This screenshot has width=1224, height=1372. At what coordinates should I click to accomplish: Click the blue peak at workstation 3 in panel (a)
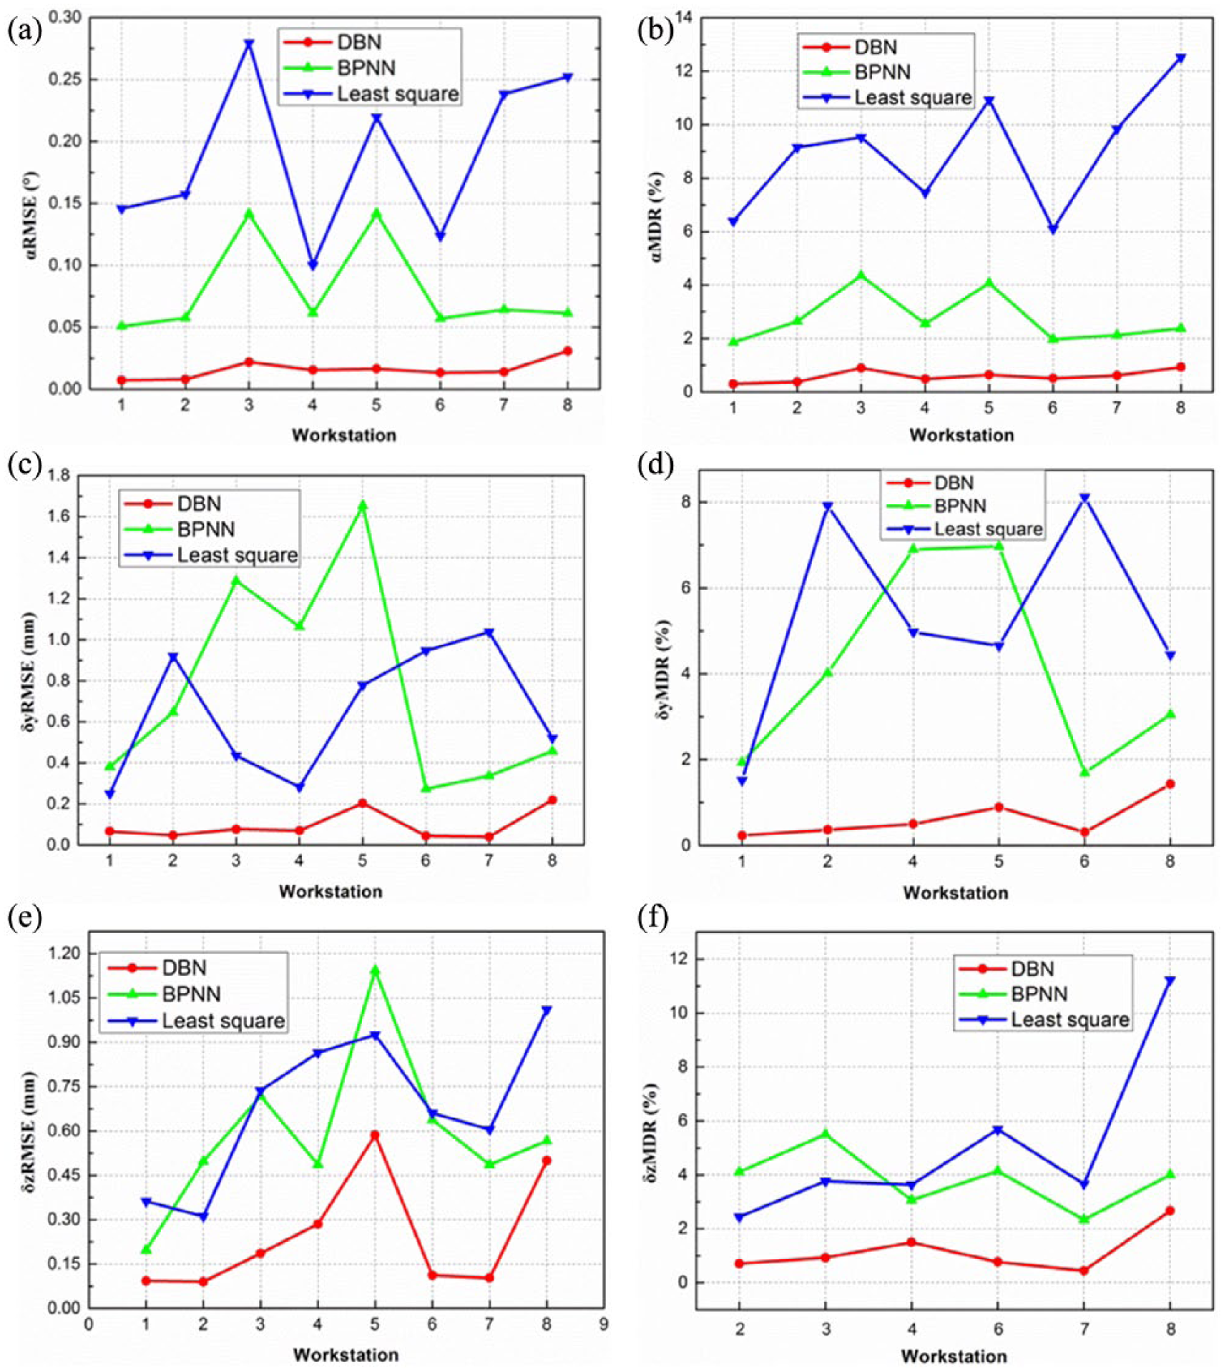249,44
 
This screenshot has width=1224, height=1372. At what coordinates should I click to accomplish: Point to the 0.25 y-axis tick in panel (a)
64,79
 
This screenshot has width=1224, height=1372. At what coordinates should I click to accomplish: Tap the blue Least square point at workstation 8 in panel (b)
1180,59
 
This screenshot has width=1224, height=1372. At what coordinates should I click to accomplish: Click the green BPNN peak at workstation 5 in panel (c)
363,505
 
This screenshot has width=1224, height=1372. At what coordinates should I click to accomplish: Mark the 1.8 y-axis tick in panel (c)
59,475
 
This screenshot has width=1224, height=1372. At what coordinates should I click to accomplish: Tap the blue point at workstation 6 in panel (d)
1085,498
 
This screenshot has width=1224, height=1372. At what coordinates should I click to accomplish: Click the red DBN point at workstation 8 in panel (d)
1170,784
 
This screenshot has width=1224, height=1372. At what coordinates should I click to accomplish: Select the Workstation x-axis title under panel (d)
956,893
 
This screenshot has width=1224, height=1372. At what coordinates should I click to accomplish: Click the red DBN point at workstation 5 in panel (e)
375,1135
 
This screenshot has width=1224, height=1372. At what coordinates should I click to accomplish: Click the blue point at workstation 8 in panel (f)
1170,981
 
